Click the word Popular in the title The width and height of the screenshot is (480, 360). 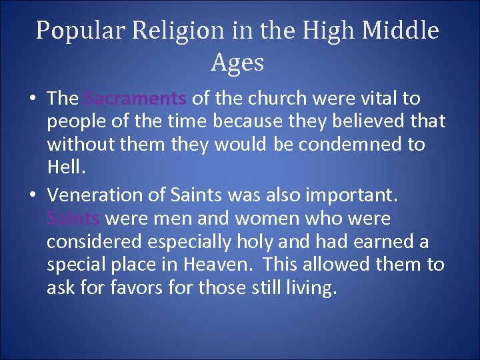pyautogui.click(x=73, y=31)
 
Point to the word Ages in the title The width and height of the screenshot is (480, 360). pyautogui.click(x=238, y=63)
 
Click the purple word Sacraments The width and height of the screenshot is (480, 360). pyautogui.click(x=136, y=99)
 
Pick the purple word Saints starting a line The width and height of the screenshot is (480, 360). pyautogui.click(x=74, y=219)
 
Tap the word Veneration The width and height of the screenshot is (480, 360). pyautogui.click(x=93, y=195)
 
